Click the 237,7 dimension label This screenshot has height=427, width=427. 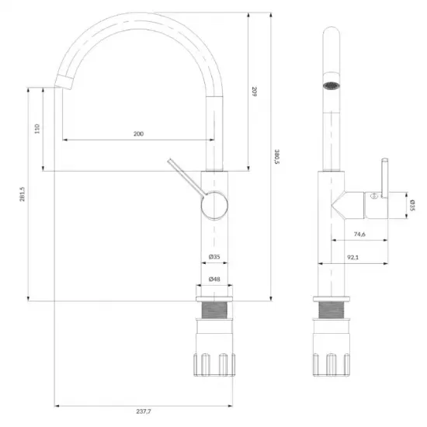pyautogui.click(x=144, y=411)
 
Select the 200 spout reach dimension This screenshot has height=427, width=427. pyautogui.click(x=138, y=134)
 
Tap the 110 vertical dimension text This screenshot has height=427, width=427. pyautogui.click(x=37, y=129)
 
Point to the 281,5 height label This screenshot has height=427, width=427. pyautogui.click(x=22, y=194)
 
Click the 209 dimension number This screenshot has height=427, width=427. pyautogui.click(x=254, y=92)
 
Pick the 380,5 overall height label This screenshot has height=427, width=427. pyautogui.click(x=277, y=157)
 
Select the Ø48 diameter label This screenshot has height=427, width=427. pyautogui.click(x=214, y=279)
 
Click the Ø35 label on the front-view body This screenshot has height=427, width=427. pyautogui.click(x=214, y=256)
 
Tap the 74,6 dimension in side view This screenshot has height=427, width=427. pyautogui.click(x=359, y=234)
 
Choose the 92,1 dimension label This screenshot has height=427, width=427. pyautogui.click(x=353, y=257)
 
